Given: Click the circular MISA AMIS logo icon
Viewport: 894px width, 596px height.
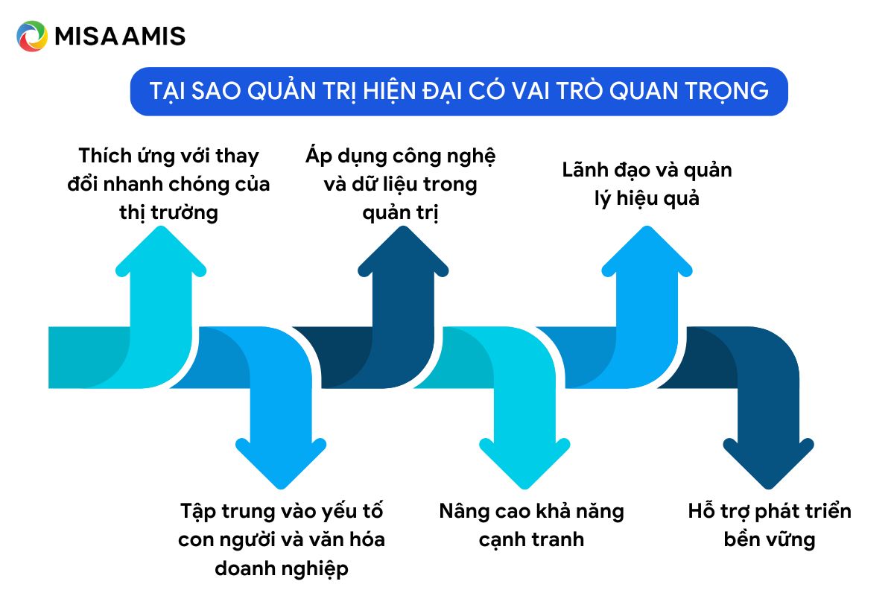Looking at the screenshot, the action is (x=32, y=36).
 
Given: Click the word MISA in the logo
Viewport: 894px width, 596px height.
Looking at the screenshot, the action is (x=86, y=36).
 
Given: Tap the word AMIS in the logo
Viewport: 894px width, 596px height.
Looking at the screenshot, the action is (x=154, y=36).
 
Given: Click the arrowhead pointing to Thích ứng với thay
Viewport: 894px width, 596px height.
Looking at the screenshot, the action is (x=161, y=251).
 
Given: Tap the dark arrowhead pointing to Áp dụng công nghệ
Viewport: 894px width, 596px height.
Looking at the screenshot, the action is (x=403, y=251).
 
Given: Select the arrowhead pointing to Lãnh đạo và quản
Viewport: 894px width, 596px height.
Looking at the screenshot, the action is (x=647, y=251).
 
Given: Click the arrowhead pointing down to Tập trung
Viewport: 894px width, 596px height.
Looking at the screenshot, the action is (x=281, y=463).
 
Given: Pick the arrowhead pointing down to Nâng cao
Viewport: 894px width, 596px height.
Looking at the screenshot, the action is (x=524, y=463).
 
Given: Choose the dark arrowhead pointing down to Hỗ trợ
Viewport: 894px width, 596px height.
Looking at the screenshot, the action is (x=768, y=463).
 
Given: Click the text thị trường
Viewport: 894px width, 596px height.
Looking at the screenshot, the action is (x=169, y=213).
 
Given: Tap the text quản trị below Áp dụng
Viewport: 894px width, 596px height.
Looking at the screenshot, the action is (x=400, y=213).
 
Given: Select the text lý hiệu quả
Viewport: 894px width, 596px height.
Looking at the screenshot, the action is (x=647, y=199).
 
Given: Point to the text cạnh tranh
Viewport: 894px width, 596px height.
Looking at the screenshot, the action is (x=532, y=540).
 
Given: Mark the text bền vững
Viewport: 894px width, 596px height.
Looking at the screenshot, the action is (x=770, y=539).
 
